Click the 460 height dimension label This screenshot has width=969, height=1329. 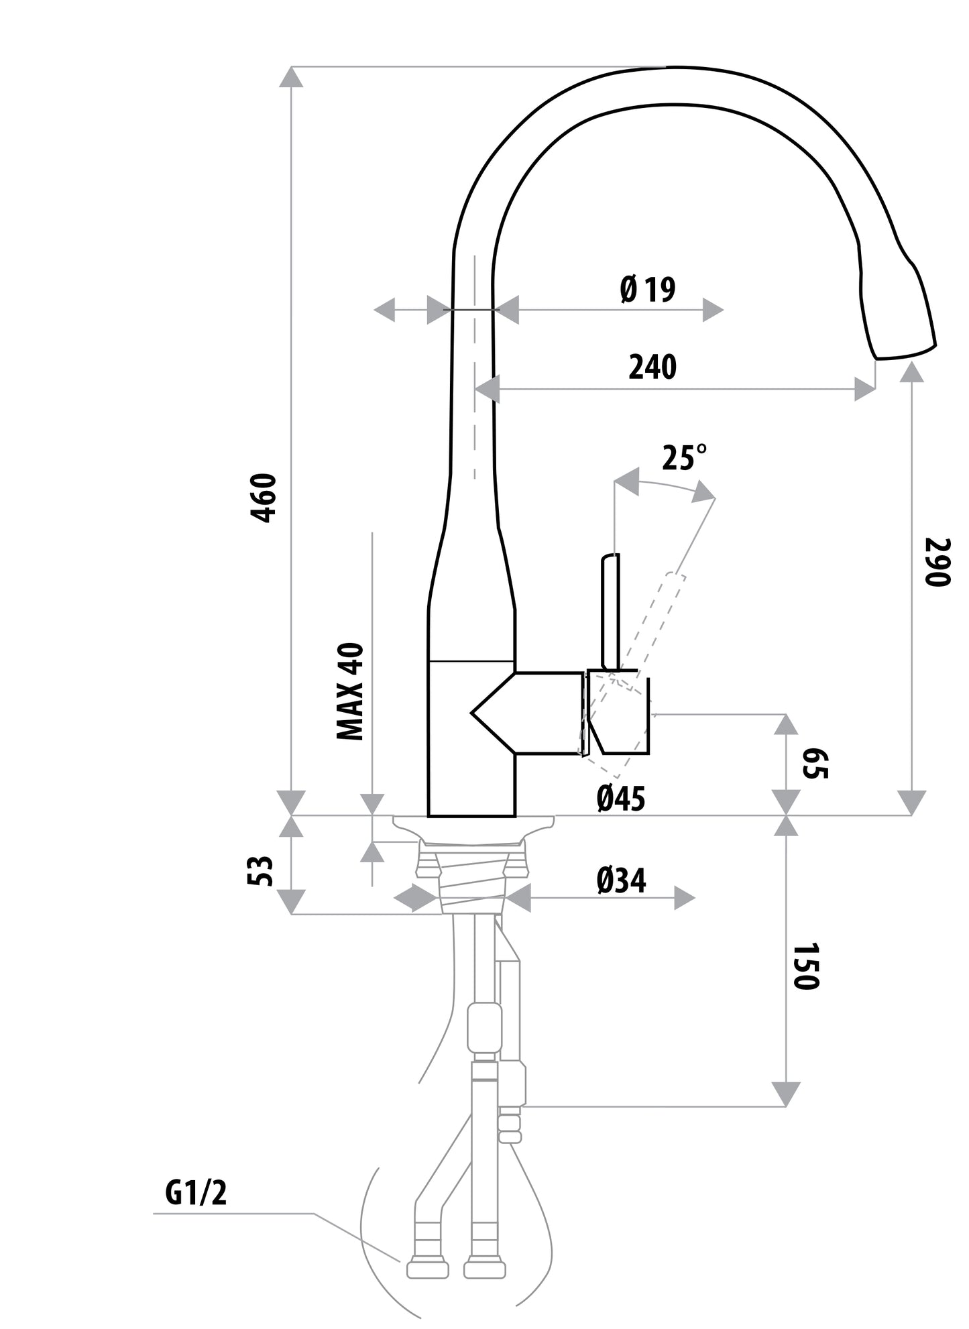coord(263,498)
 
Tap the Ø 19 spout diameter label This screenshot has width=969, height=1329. coord(647,290)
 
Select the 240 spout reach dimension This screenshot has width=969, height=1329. coord(652,367)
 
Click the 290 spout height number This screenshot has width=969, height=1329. coord(937,562)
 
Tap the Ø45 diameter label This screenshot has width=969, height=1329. coord(620,798)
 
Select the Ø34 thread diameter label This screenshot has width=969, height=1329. coord(620,880)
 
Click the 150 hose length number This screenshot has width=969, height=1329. coord(805,966)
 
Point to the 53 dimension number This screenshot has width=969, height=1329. coord(262,871)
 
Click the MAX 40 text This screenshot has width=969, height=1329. coord(349,691)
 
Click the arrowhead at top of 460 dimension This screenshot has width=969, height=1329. coord(291,77)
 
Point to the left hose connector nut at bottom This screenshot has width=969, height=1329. coord(426,1269)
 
